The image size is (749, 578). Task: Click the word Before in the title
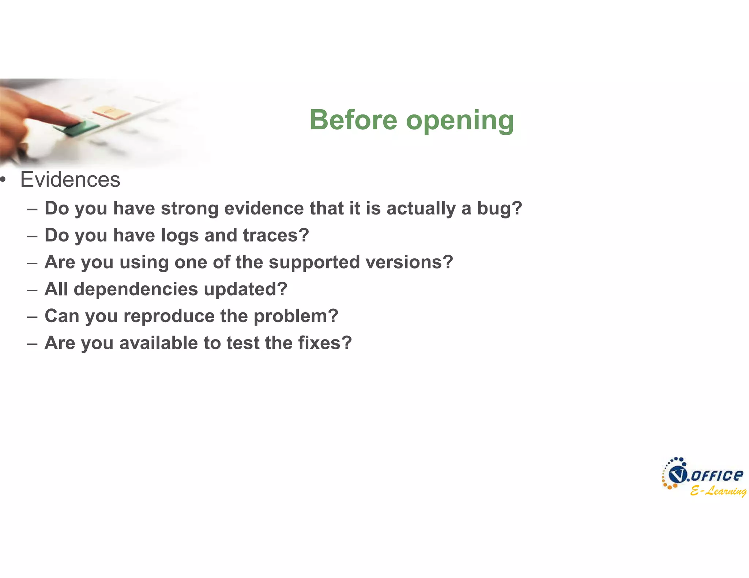353,120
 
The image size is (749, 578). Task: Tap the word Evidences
70,180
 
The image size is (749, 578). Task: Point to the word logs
180,236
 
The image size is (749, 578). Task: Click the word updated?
245,289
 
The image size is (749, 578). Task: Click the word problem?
296,316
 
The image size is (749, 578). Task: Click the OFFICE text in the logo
717,475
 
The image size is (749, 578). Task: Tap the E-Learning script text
718,491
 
